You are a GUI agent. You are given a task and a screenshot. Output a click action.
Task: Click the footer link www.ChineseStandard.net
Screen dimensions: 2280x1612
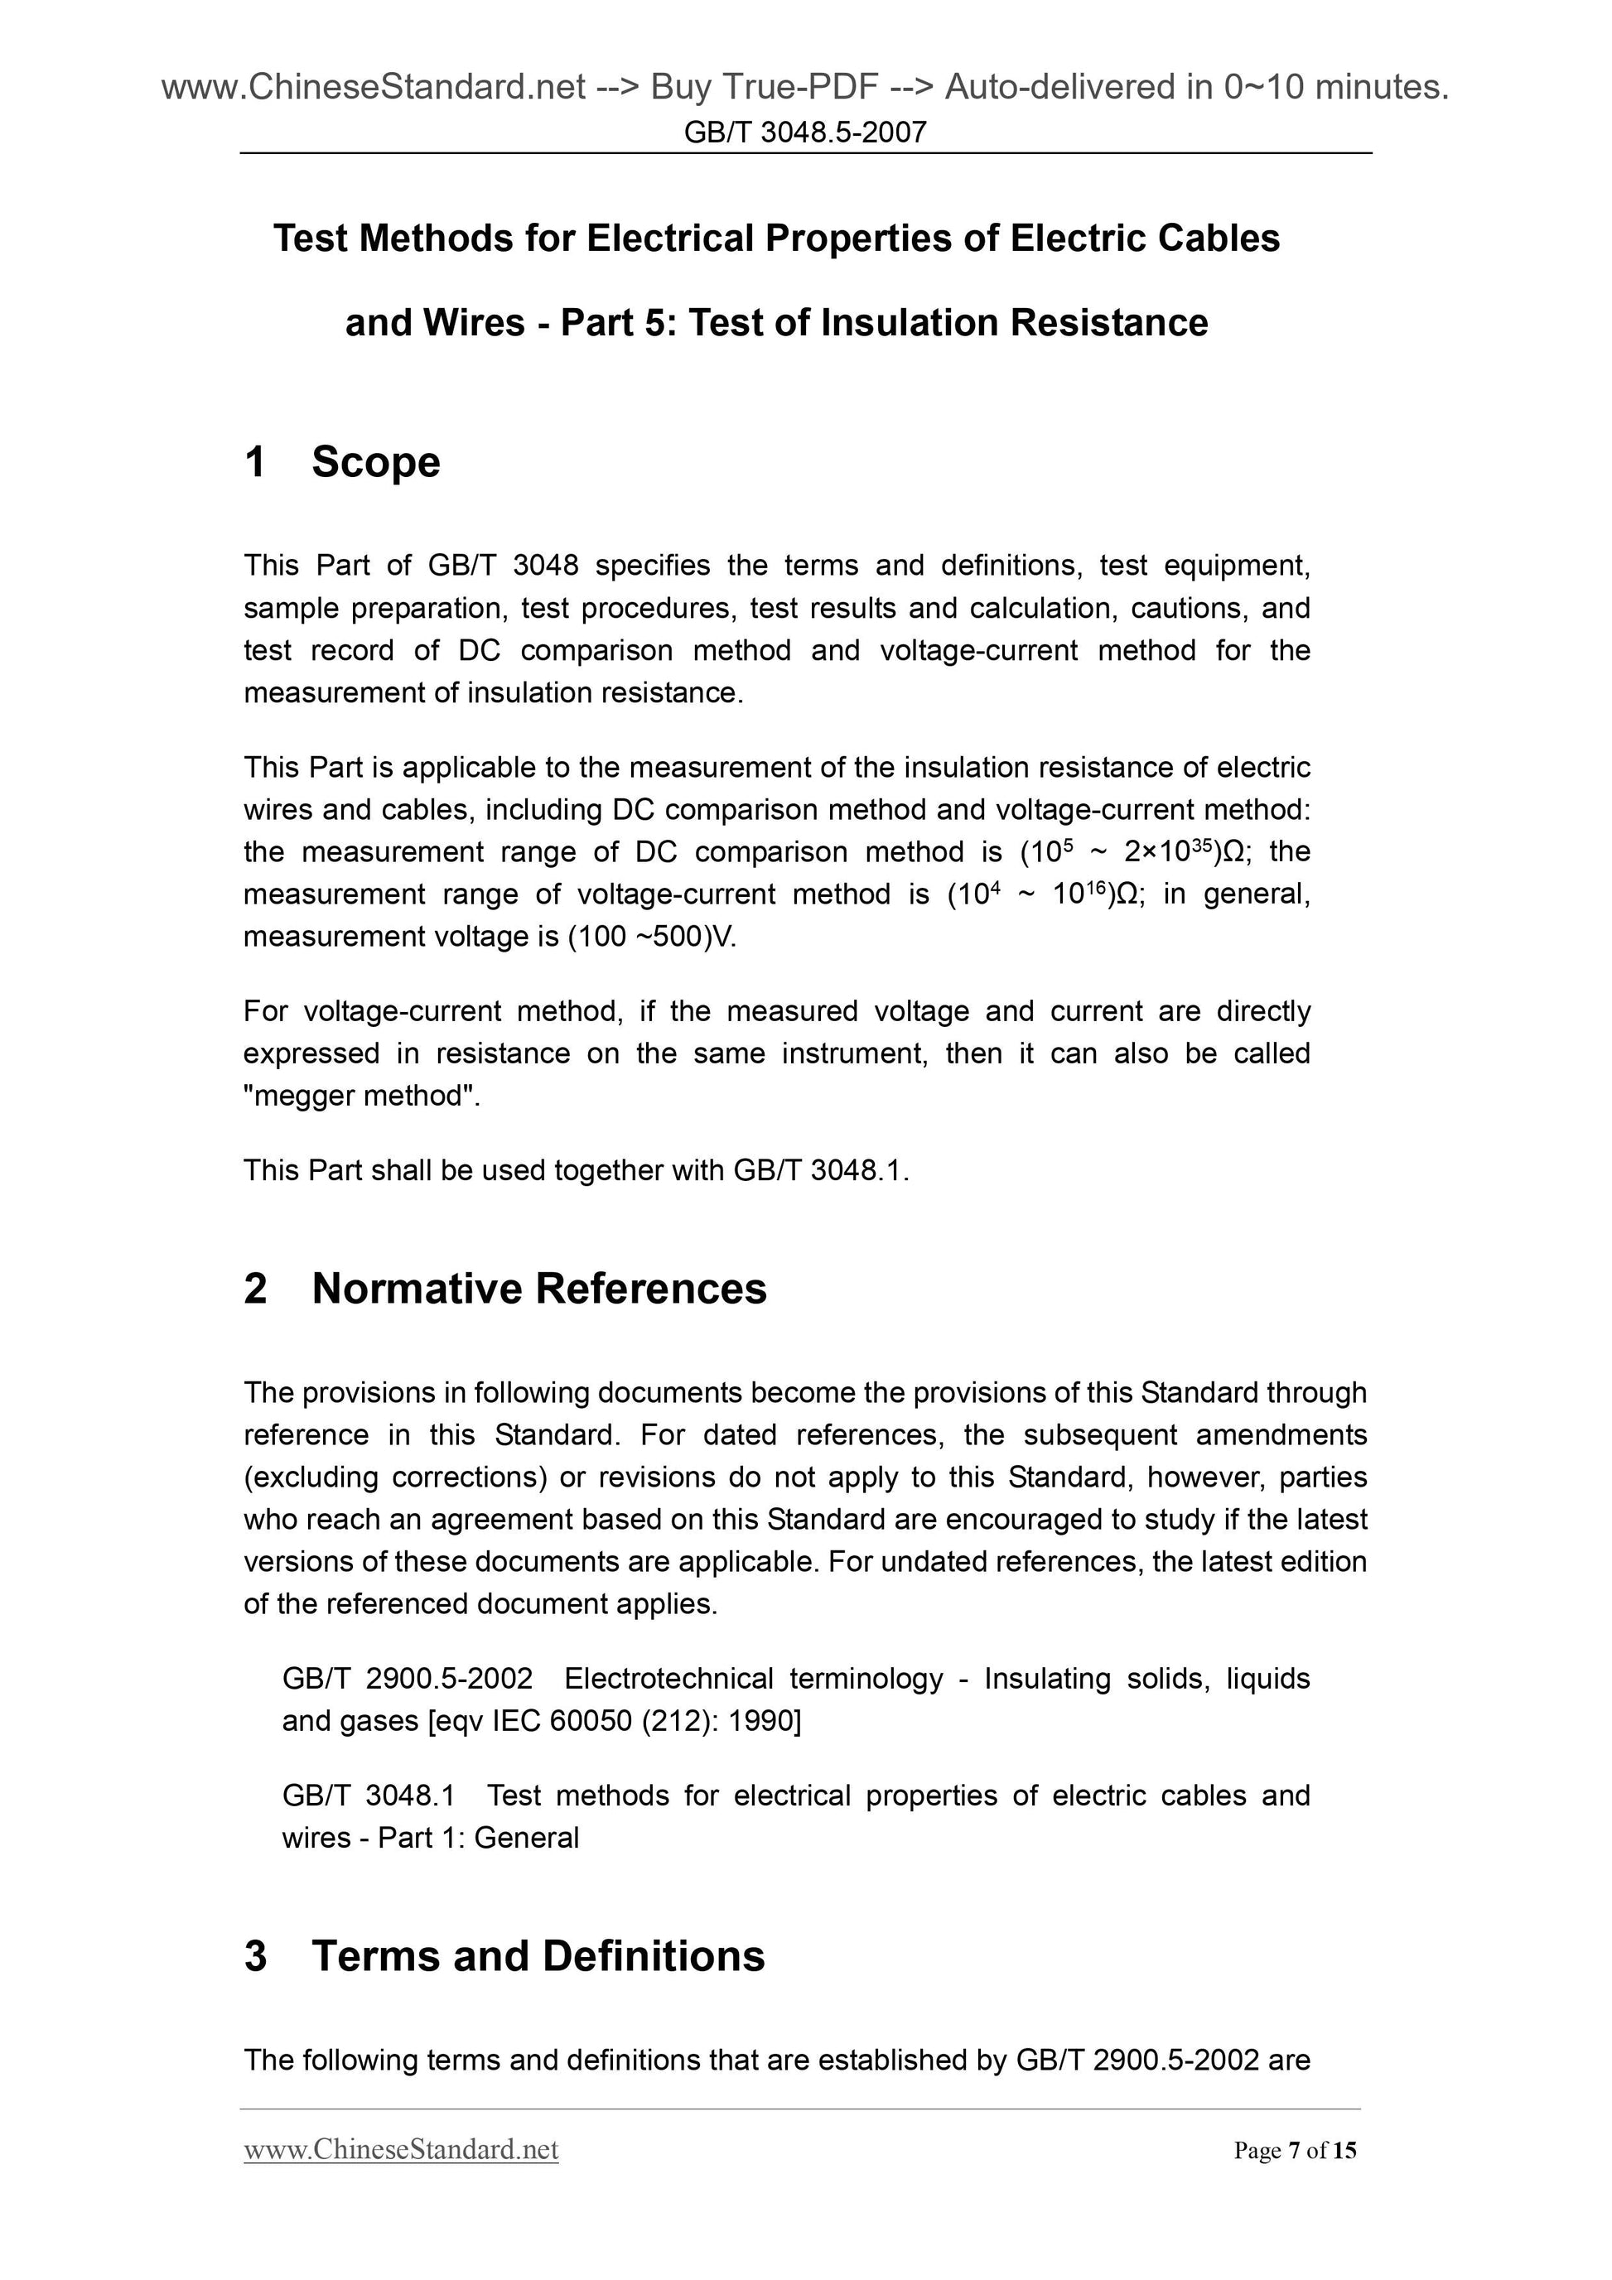click(x=400, y=2150)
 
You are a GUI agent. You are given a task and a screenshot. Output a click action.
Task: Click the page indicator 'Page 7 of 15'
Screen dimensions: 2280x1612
click(x=1294, y=2151)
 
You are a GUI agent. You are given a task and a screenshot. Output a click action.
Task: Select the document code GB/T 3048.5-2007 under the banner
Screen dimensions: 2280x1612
click(x=804, y=131)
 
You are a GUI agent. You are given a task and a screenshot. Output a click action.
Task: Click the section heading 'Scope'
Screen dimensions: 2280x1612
click(x=375, y=463)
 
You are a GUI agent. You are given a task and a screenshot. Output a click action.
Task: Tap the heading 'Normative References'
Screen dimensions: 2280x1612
click(x=538, y=1289)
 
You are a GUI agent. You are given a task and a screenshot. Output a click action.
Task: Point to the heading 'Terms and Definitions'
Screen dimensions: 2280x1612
click(x=538, y=1956)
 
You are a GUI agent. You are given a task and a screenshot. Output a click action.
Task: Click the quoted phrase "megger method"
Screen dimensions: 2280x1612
click(x=361, y=1097)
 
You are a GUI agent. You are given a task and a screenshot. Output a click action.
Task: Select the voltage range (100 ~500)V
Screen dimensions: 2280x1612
click(x=652, y=938)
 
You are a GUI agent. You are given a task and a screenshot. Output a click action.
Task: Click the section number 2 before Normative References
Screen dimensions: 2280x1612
click(x=255, y=1289)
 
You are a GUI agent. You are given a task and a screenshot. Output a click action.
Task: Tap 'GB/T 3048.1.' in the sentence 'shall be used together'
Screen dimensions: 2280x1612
click(x=820, y=1171)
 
